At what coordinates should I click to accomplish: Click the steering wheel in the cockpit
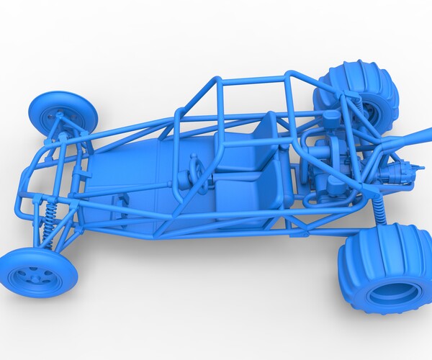tap(194, 173)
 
